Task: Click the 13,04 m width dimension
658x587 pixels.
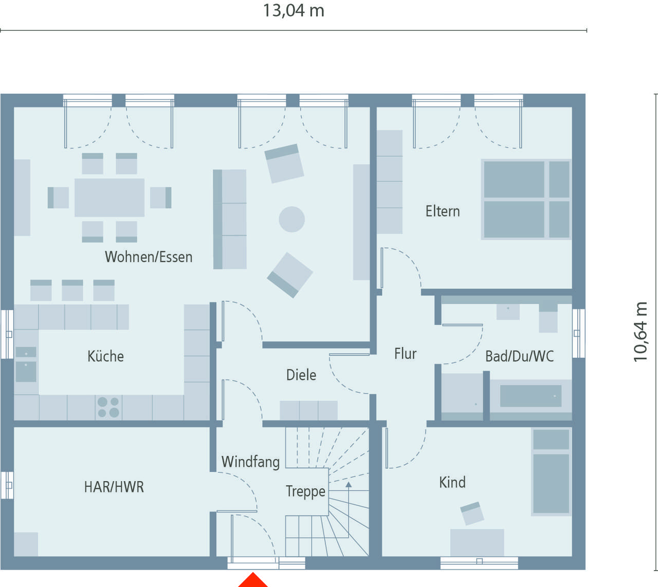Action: (294, 11)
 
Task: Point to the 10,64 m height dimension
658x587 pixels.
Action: (641, 332)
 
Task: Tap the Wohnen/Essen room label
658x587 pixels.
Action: (149, 257)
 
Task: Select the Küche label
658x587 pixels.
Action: (105, 356)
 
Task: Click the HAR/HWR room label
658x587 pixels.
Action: (114, 487)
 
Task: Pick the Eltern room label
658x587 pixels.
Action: (443, 211)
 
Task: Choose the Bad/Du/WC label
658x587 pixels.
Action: (520, 356)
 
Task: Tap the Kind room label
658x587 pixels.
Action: (452, 482)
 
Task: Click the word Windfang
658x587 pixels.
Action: (250, 462)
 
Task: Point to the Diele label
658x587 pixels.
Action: (301, 375)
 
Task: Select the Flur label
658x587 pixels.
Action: (405, 354)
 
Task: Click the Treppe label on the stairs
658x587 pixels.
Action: (306, 491)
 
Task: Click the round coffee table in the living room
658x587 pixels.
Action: (291, 219)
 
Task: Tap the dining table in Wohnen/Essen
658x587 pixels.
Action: (109, 197)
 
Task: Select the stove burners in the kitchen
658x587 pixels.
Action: (108, 407)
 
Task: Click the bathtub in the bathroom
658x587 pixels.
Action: (531, 396)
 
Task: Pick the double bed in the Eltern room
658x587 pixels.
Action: (526, 199)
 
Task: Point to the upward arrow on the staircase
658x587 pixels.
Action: (349, 509)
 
